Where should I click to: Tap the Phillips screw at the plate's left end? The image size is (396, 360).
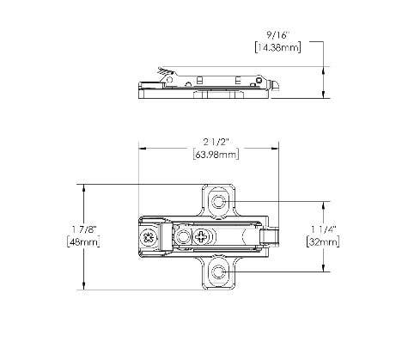(151, 237)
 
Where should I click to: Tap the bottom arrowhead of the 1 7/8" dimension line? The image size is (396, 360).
(83, 288)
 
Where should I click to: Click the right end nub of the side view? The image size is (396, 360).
(275, 85)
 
